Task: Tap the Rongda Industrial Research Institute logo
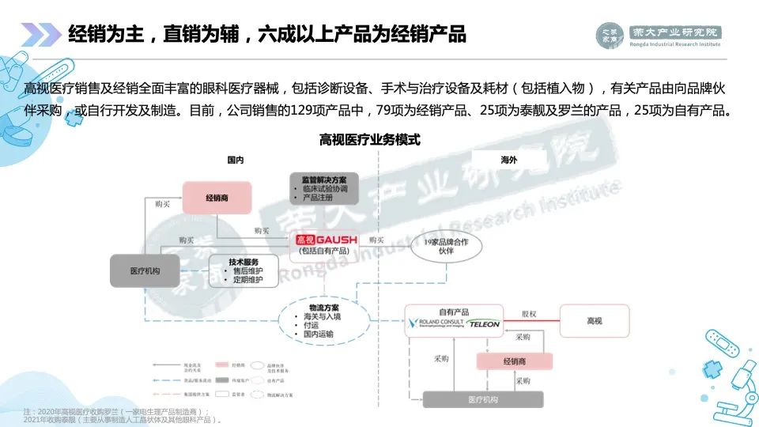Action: pos(659,36)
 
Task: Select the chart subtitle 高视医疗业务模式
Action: pos(369,140)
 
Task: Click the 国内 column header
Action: pos(235,160)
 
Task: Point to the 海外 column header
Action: pos(509,160)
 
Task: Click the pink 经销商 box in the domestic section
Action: pos(217,197)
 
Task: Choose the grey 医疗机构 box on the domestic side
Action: pos(145,270)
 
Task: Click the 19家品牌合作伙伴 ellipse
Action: pos(445,245)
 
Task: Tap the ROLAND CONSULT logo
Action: pos(435,324)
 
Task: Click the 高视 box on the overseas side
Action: pos(595,320)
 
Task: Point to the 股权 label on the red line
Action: pos(529,314)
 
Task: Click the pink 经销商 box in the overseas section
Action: pos(515,361)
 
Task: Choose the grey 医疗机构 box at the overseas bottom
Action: pos(483,399)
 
